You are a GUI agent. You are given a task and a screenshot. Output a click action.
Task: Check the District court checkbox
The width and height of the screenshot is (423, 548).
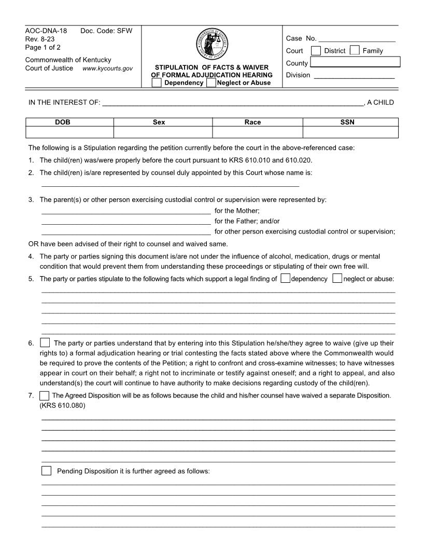[316, 51]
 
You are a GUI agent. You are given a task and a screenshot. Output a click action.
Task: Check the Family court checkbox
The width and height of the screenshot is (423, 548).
[355, 51]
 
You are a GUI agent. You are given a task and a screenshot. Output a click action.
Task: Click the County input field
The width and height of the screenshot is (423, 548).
[355, 63]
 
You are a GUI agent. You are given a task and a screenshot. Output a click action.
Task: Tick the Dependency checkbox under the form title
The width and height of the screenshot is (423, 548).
[157, 83]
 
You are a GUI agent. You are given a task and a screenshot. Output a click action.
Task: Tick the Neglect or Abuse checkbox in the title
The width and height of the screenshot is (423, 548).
[211, 83]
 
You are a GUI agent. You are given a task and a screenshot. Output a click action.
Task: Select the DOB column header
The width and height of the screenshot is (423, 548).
[69, 122]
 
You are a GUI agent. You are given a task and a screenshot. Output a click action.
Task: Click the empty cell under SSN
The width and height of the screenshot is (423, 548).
[350, 132]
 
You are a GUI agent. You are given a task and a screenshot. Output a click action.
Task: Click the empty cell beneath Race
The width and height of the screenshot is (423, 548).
[257, 132]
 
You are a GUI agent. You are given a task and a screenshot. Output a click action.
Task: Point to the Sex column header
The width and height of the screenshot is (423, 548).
[163, 122]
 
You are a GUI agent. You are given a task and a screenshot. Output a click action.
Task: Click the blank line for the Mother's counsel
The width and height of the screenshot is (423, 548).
[125, 211]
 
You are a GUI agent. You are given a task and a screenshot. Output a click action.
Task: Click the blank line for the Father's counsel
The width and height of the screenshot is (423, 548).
[125, 222]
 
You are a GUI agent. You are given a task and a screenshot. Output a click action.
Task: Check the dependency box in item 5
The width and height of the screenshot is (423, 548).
[285, 279]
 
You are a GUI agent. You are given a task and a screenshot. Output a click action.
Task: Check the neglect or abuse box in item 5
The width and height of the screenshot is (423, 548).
[337, 279]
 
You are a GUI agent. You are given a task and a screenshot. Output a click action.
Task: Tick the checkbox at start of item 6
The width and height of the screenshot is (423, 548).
[45, 343]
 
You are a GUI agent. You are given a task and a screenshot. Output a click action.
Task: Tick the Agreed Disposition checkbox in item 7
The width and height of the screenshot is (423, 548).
[45, 395]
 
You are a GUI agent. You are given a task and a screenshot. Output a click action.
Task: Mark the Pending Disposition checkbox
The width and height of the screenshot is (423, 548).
[46, 471]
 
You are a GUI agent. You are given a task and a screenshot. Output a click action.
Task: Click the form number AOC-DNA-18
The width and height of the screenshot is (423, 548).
[46, 31]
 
